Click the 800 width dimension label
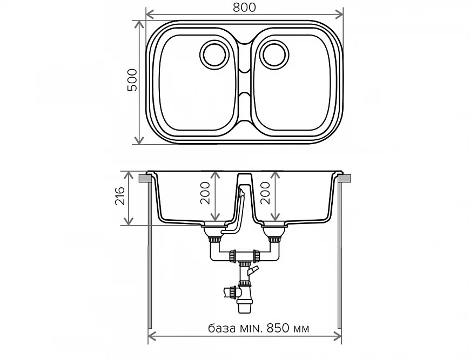click(245, 7)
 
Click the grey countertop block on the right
click(346, 178)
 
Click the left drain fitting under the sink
click(212, 233)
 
